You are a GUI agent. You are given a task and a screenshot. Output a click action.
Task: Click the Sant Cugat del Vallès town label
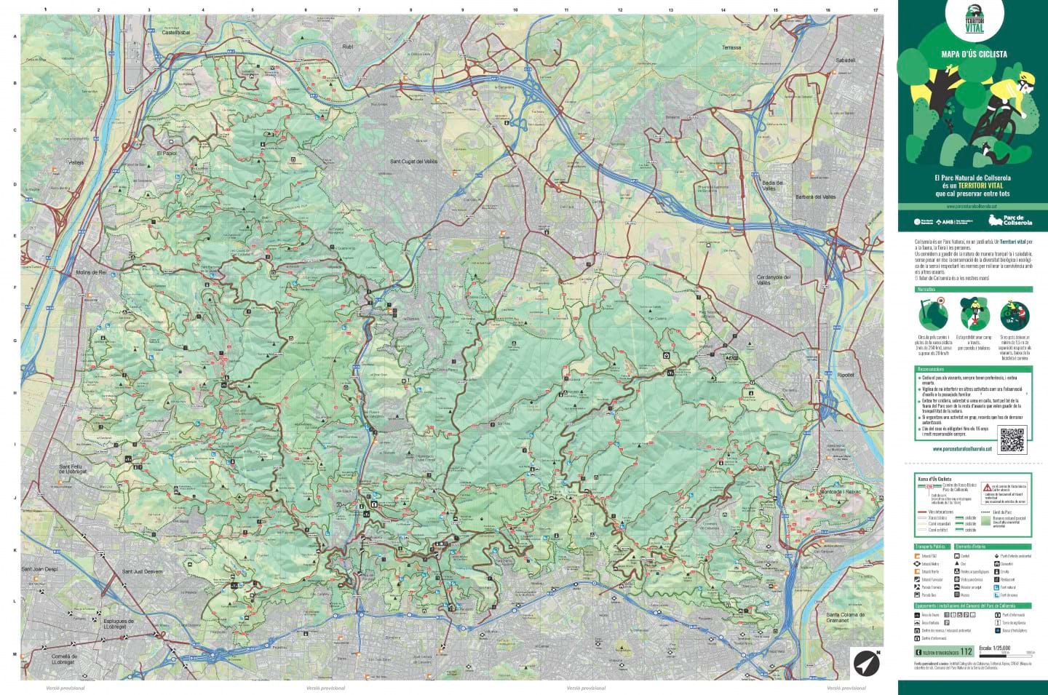[x=413, y=162]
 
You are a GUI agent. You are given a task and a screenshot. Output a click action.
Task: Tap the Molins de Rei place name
[x=91, y=272]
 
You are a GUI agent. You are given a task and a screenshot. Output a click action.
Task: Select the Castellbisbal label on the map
[x=175, y=33]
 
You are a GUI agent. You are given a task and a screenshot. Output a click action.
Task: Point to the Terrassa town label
[x=731, y=48]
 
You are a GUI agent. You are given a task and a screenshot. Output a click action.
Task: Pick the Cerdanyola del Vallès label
[x=774, y=279]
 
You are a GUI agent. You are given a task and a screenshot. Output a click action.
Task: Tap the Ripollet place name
[x=845, y=375]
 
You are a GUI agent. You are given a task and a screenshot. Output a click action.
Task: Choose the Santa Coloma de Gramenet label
[x=844, y=618]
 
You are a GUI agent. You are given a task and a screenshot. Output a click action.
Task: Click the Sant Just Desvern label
[x=142, y=572]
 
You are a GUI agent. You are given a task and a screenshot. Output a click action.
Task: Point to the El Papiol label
[x=166, y=154]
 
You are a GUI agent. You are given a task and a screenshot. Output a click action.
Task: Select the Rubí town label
[x=347, y=47]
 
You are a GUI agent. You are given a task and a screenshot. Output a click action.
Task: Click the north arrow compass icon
[x=866, y=662]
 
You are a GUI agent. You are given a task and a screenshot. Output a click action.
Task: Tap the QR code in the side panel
[x=1012, y=440]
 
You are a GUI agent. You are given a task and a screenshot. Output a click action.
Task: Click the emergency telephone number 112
[x=966, y=651]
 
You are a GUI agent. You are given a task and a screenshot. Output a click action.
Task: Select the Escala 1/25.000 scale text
[x=994, y=647]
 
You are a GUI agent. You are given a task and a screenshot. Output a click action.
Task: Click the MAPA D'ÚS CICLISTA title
[x=974, y=54]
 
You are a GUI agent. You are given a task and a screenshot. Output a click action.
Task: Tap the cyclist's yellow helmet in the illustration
[x=1026, y=77]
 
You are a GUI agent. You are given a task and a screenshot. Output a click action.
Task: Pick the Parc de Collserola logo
[x=1010, y=221]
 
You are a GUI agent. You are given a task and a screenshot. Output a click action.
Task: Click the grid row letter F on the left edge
[x=15, y=287]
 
